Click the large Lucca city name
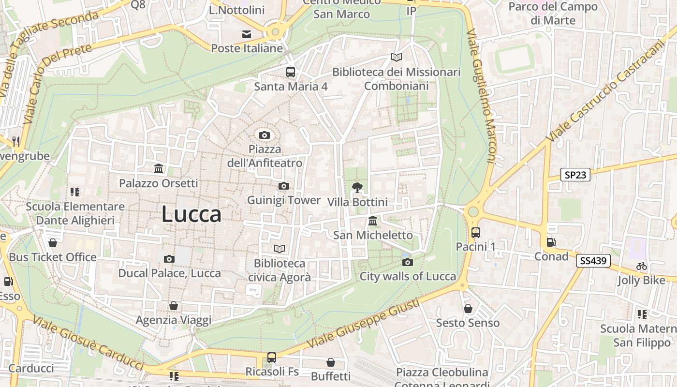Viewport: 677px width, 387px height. [x=191, y=214]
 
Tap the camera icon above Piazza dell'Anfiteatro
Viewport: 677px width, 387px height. [x=264, y=135]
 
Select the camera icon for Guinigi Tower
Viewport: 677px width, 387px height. [x=284, y=186]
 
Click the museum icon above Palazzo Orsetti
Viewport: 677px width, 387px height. [x=159, y=169]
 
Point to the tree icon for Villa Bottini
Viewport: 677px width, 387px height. [x=357, y=187]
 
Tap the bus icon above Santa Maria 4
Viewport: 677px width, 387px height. [x=291, y=72]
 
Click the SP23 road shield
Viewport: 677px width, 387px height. [x=575, y=175]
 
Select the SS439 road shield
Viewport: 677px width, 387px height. [x=593, y=261]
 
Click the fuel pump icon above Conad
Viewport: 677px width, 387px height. [x=551, y=242]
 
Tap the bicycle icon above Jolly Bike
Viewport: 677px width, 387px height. [x=642, y=266]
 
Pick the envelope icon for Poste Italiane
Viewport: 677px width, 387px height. [x=247, y=34]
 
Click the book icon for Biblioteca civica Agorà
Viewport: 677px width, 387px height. [x=280, y=249]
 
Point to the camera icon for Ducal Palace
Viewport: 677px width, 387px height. [x=169, y=259]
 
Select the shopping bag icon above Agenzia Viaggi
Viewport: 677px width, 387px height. [x=174, y=306]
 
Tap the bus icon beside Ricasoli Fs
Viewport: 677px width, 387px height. [x=272, y=357]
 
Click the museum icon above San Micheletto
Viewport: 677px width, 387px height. [x=373, y=221]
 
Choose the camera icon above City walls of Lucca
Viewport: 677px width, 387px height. [x=408, y=262]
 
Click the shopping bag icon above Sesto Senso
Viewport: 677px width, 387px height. [x=468, y=308]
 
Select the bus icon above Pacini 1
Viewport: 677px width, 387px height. [x=476, y=233]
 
